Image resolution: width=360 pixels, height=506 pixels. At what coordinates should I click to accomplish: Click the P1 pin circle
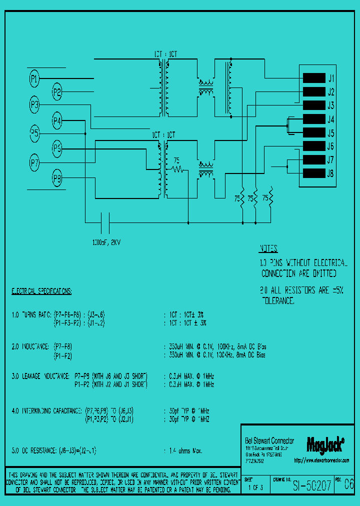click(34, 78)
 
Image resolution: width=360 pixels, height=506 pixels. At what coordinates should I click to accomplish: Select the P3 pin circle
click(34, 104)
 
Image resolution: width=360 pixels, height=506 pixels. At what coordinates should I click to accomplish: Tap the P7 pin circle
click(34, 162)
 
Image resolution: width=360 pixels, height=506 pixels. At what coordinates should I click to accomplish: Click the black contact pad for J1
click(314, 78)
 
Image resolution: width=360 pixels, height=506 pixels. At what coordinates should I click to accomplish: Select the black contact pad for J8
click(314, 173)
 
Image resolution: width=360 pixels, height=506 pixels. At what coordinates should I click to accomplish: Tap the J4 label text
click(330, 119)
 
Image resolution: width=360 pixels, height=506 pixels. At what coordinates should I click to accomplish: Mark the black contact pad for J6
click(314, 146)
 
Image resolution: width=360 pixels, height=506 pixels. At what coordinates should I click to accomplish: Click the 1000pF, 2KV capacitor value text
click(106, 242)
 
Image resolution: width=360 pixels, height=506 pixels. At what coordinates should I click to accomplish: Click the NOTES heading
click(268, 249)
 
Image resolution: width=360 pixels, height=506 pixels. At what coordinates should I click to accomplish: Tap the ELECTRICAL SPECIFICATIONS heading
click(41, 290)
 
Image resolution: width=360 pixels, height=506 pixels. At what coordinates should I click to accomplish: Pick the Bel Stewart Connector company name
click(269, 440)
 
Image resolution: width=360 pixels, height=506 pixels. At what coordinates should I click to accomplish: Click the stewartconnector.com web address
click(321, 460)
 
